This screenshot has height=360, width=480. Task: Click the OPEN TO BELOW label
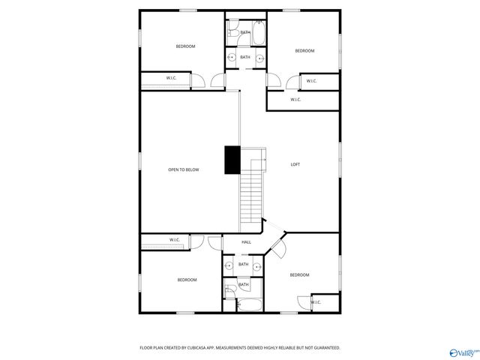point(184,170)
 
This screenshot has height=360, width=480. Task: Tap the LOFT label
point(295,164)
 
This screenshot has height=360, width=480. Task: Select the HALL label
point(246,242)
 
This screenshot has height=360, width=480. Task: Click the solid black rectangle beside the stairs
point(232,160)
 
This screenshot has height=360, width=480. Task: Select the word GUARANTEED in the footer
point(322,348)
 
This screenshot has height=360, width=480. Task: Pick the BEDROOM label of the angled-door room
point(300,275)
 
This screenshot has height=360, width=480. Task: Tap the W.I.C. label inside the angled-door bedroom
point(316,302)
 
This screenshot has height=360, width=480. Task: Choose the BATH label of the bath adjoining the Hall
point(244,264)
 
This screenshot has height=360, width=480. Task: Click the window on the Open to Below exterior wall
point(140,150)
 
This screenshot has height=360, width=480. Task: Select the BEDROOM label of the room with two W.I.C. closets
point(304,51)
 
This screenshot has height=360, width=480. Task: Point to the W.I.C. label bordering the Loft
point(295,100)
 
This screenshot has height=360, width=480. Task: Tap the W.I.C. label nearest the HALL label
point(175,240)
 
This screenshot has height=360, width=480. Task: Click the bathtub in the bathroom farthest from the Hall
point(259,33)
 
